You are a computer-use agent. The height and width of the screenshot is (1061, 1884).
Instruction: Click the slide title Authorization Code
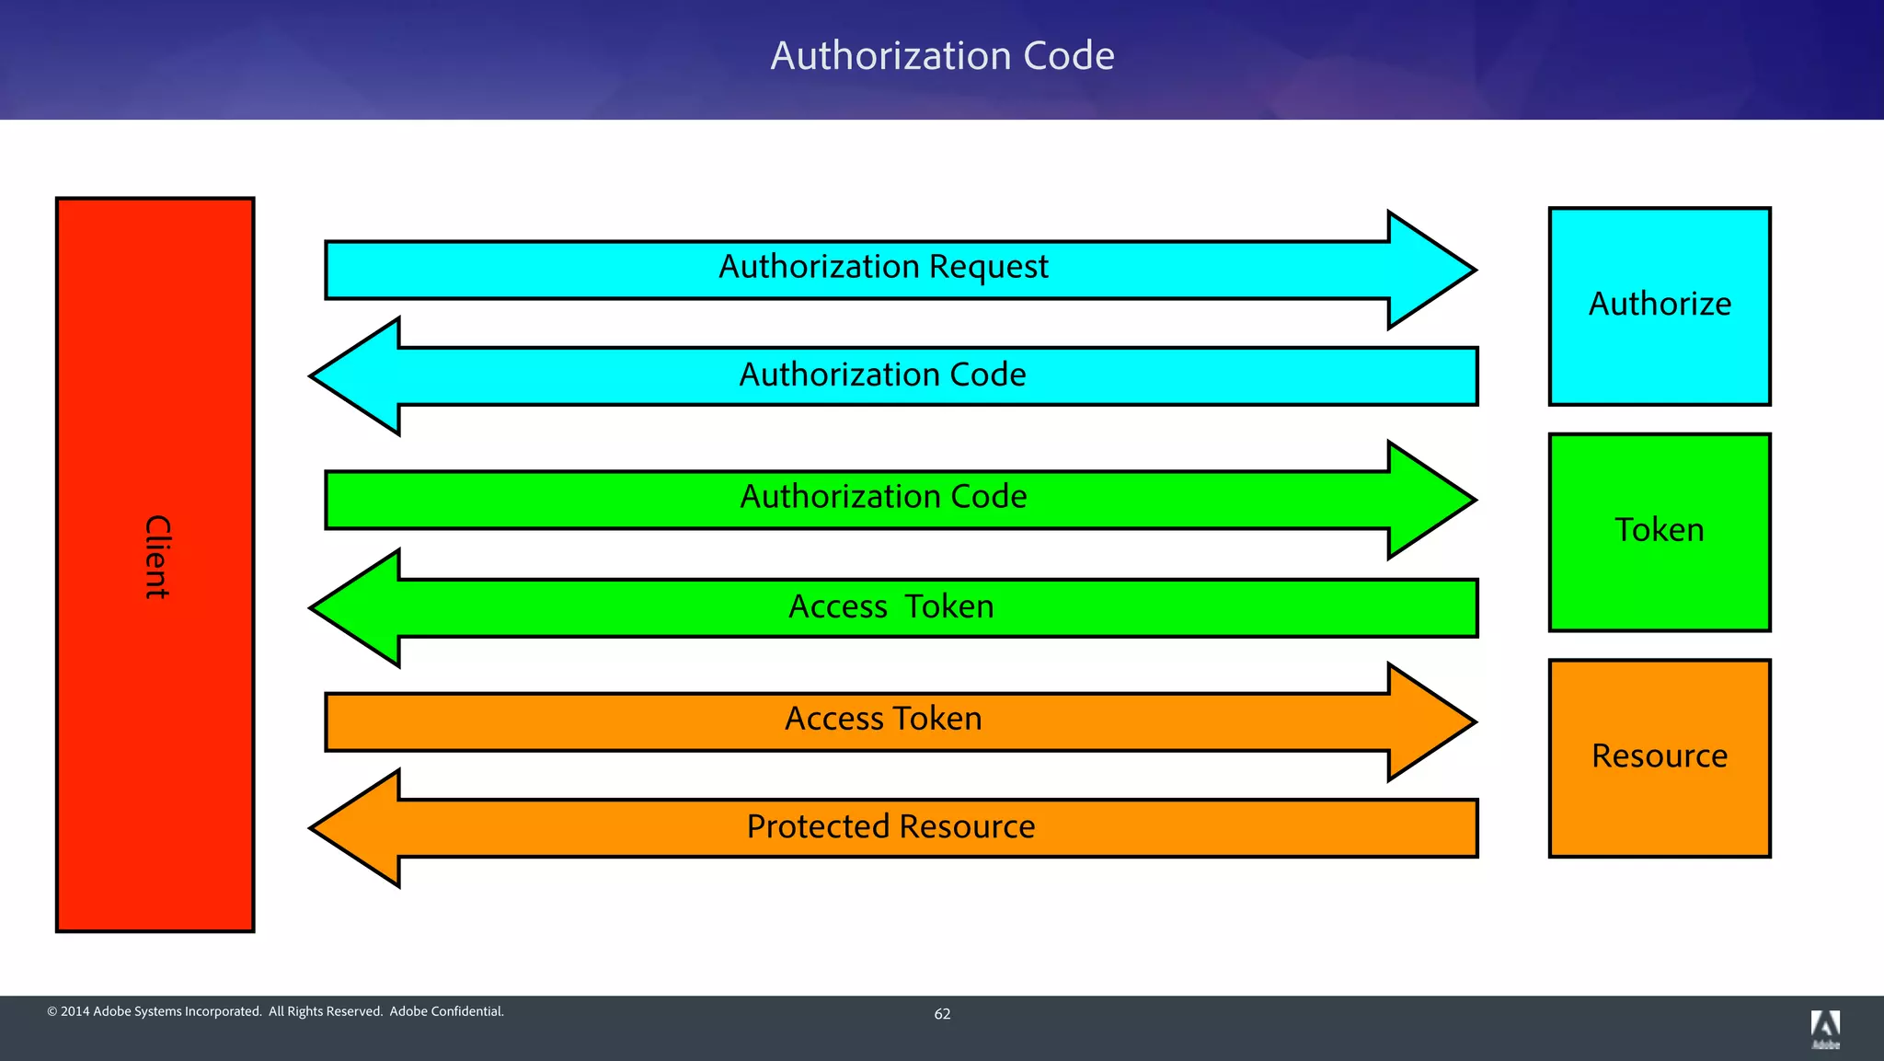click(942, 56)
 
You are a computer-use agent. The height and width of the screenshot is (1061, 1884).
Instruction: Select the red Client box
click(155, 563)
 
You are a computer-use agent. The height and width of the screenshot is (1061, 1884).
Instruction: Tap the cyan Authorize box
click(1659, 305)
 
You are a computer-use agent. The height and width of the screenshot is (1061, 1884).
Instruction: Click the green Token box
click(1659, 531)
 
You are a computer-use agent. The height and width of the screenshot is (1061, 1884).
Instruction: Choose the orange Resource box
click(1659, 756)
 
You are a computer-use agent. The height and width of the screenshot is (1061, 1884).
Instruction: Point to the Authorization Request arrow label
click(883, 267)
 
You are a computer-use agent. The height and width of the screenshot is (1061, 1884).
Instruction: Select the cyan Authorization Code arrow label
click(883, 375)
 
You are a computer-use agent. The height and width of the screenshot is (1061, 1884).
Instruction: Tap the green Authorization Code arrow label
click(883, 497)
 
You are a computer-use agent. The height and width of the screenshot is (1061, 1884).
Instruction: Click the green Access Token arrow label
click(890, 607)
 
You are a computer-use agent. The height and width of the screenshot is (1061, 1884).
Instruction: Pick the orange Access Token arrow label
click(883, 719)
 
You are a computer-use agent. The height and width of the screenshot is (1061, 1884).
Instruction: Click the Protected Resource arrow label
click(890, 826)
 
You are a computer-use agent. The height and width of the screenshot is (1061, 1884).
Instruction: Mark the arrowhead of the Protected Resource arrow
click(354, 828)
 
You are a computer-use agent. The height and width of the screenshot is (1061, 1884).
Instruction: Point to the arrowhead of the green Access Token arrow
click(354, 607)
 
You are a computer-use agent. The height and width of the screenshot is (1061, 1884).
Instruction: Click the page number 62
click(942, 1014)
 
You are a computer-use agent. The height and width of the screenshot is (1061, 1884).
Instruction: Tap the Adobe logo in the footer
click(1825, 1029)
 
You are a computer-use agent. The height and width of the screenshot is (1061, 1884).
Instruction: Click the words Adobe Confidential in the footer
click(446, 1011)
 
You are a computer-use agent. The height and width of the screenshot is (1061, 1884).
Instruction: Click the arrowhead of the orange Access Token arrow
click(1435, 722)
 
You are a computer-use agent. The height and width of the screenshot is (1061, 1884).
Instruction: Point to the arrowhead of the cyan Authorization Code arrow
click(354, 375)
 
